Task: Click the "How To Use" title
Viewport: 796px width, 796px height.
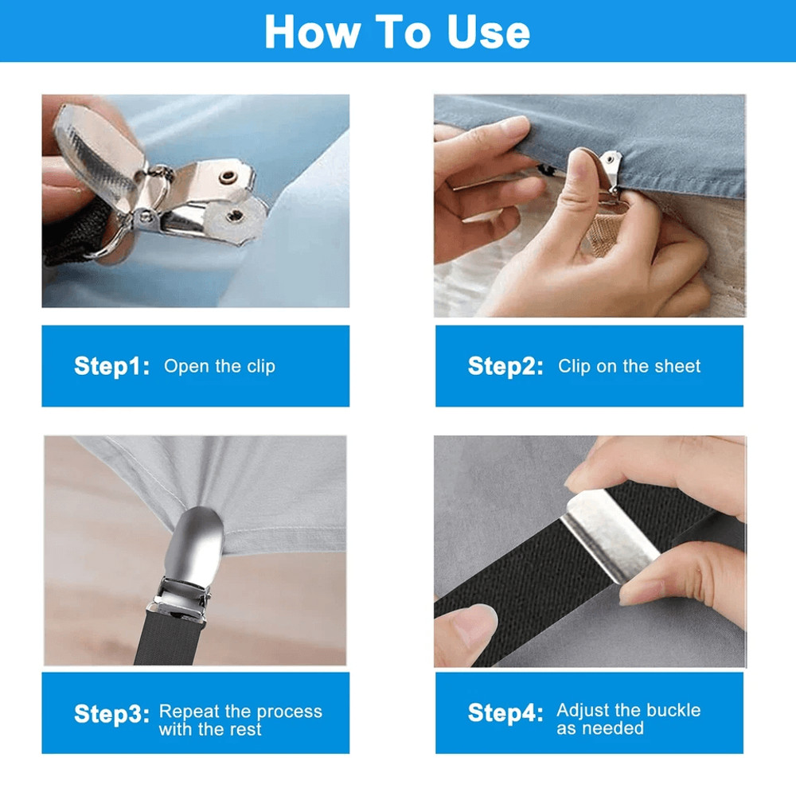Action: [x=397, y=31]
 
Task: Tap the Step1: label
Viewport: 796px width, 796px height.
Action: [x=111, y=366]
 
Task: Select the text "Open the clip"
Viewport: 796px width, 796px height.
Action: [x=220, y=366]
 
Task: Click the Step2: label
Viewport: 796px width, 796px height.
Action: [x=505, y=366]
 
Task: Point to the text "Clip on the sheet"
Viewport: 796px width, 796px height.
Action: [x=629, y=366]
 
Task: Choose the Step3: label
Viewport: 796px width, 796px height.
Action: [x=111, y=713]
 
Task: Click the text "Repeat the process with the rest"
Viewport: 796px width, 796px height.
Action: [x=240, y=720]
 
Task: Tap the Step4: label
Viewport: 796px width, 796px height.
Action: [x=505, y=713]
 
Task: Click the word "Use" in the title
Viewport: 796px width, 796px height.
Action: [x=487, y=31]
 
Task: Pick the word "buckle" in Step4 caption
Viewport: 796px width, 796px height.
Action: [x=671, y=710]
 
